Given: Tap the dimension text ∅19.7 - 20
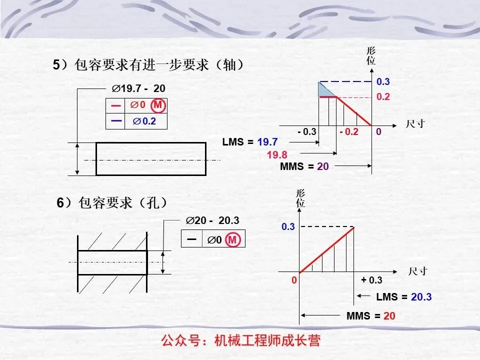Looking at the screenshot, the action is [138, 89].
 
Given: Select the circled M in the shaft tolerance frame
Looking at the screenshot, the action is [158, 105].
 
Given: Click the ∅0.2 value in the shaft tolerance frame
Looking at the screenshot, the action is [143, 121].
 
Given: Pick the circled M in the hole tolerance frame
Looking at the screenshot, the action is [232, 240].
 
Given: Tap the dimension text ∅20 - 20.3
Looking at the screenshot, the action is [212, 221].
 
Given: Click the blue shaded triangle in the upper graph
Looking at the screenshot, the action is [325, 89].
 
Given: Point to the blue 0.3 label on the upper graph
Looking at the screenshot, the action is [383, 81].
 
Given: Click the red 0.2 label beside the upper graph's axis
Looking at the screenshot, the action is [383, 97].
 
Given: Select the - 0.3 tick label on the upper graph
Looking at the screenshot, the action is [306, 132].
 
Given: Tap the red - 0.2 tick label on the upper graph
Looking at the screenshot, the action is [348, 132].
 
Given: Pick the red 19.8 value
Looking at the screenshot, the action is [277, 154].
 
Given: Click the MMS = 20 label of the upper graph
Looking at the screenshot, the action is [304, 166].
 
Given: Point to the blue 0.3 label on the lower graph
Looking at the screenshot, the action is [288, 227].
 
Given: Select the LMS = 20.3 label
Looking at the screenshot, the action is [403, 297].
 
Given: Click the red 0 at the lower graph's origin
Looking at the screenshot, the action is [295, 280].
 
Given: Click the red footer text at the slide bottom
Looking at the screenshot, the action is [240, 341].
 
